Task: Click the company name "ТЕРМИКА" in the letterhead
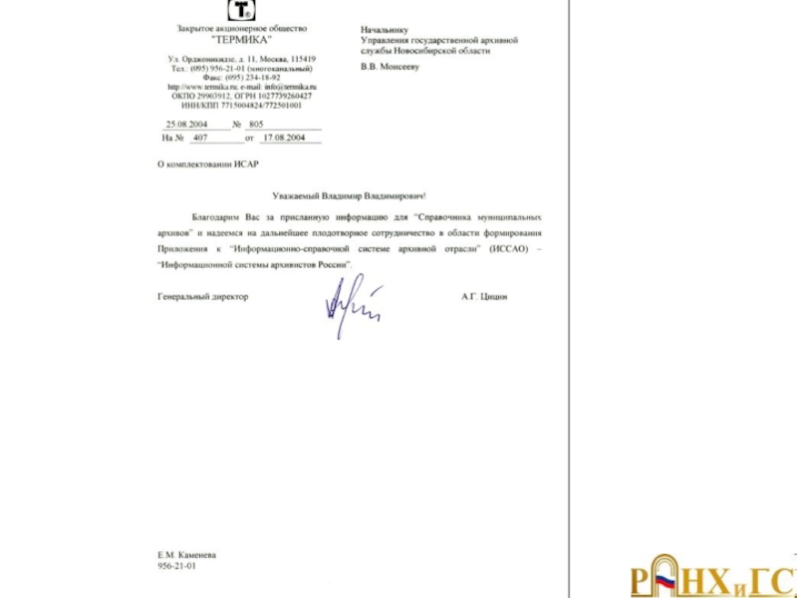[x=241, y=39]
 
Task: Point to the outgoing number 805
[x=256, y=125]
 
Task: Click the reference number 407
[x=200, y=138]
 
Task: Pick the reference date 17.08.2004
[x=283, y=138]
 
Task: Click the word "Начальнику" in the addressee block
[x=385, y=30]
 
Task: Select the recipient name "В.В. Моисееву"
[x=392, y=67]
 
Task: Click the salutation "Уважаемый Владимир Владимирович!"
[x=349, y=196]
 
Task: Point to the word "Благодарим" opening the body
[x=216, y=216]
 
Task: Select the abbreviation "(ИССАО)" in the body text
[x=508, y=247]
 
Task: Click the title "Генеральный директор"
[x=203, y=296]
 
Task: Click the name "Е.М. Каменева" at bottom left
[x=186, y=554]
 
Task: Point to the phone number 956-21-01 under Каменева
[x=177, y=565]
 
